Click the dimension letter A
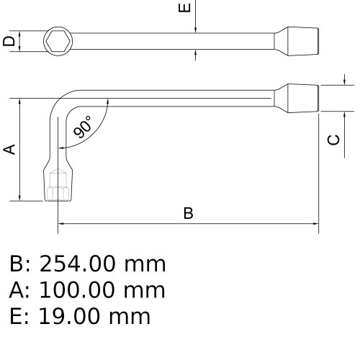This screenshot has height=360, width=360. pyautogui.click(x=9, y=149)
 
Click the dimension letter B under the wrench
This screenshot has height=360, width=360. pyautogui.click(x=188, y=213)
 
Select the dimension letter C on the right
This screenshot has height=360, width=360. pyautogui.click(x=333, y=139)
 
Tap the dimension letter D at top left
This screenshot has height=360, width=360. pyautogui.click(x=9, y=41)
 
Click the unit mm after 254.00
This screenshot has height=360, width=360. pyautogui.click(x=145, y=264)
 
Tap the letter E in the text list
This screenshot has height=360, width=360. pyautogui.click(x=17, y=316)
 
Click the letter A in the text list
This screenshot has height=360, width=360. pyautogui.click(x=17, y=290)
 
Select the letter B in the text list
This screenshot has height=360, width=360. pyautogui.click(x=17, y=264)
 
